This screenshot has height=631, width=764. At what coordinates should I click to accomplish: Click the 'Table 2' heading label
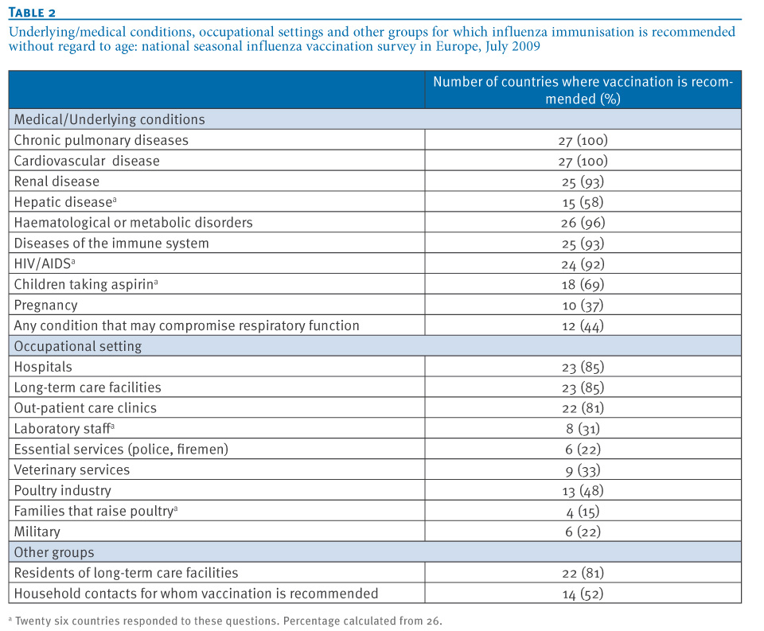pos(32,12)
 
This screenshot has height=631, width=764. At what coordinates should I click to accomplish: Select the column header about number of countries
pos(583,90)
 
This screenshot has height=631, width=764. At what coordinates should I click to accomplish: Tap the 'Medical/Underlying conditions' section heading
pos(109,119)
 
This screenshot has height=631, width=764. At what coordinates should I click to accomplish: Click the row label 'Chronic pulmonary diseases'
pos(101,140)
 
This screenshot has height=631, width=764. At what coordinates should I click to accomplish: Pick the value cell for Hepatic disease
pos(583,202)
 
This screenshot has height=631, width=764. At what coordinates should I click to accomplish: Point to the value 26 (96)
pos(583,223)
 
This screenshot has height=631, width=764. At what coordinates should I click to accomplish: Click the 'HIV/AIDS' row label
pos(45,263)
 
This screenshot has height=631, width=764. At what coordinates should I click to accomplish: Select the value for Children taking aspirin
pos(583,285)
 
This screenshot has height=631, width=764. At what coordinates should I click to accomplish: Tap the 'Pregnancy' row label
pos(45,305)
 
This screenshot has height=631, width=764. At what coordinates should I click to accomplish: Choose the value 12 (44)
pos(583,326)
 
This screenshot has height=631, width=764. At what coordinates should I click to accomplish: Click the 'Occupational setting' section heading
pos(77,346)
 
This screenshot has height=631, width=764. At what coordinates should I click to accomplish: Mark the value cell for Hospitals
pos(583,367)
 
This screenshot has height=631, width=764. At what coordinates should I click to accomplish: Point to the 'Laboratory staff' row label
pos(64,428)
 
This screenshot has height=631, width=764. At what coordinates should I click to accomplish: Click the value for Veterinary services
pos(583,470)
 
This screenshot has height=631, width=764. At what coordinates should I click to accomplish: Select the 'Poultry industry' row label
pos(62,491)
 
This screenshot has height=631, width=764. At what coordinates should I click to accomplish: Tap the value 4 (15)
pos(583,512)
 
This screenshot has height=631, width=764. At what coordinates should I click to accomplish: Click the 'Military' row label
pos(37,532)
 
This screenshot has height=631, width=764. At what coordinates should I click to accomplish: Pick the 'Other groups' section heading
pos(53,552)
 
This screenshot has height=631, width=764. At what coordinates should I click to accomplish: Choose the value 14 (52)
pos(583,594)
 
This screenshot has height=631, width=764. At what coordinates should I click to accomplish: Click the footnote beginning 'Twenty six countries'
pos(225,621)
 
